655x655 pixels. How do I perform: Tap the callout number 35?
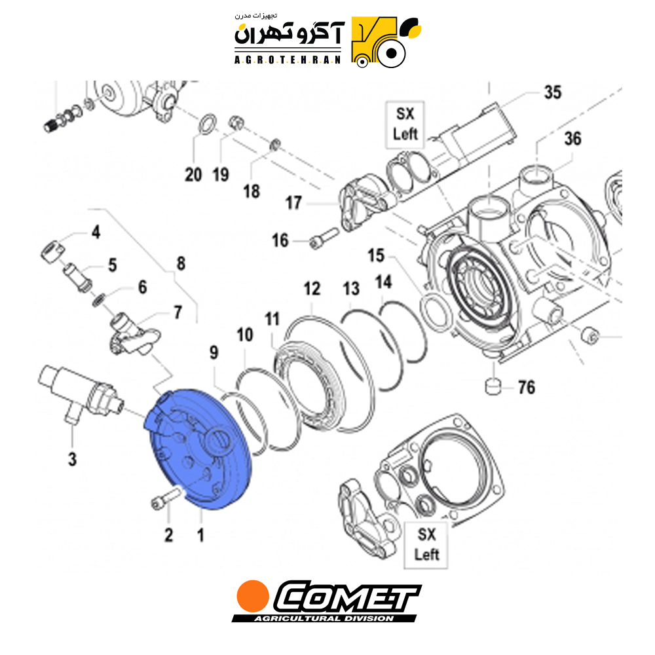pyautogui.click(x=552, y=92)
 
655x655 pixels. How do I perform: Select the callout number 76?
pyautogui.click(x=527, y=388)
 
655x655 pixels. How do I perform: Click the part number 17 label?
pyautogui.click(x=293, y=203)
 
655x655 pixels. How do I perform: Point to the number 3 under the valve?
pyautogui.click(x=72, y=459)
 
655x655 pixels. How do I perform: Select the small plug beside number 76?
pyautogui.click(x=493, y=386)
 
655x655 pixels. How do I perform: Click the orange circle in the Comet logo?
pyautogui.click(x=253, y=595)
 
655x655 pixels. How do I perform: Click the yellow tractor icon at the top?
pyautogui.click(x=384, y=42)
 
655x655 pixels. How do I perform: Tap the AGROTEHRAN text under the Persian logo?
pyautogui.click(x=288, y=60)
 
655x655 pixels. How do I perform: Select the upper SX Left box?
pyautogui.click(x=405, y=124)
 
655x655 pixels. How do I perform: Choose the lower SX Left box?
pyautogui.click(x=426, y=545)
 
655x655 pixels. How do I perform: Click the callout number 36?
pyautogui.click(x=572, y=139)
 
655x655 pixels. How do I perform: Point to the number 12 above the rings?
pyautogui.click(x=312, y=289)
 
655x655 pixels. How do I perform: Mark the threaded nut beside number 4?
pyautogui.click(x=52, y=252)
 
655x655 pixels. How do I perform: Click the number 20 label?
pyautogui.click(x=193, y=175)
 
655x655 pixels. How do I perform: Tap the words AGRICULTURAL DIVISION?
pyautogui.click(x=324, y=618)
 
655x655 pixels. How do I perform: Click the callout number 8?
pyautogui.click(x=181, y=263)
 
